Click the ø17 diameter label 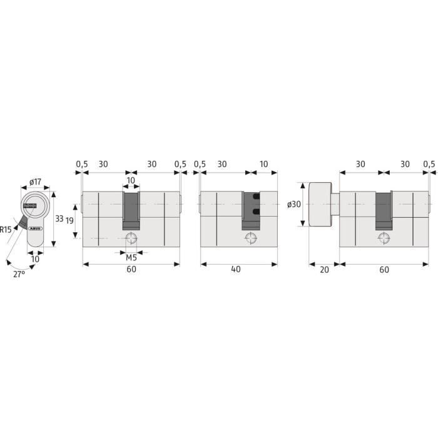click(36, 182)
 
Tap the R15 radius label click(6, 230)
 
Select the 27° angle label click(19, 274)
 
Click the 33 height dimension click(59, 218)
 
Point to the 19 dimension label click(69, 220)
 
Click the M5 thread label click(131, 258)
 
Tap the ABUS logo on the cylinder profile click(35, 228)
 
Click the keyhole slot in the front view click(30, 206)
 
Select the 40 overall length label click(236, 269)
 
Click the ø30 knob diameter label click(294, 204)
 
